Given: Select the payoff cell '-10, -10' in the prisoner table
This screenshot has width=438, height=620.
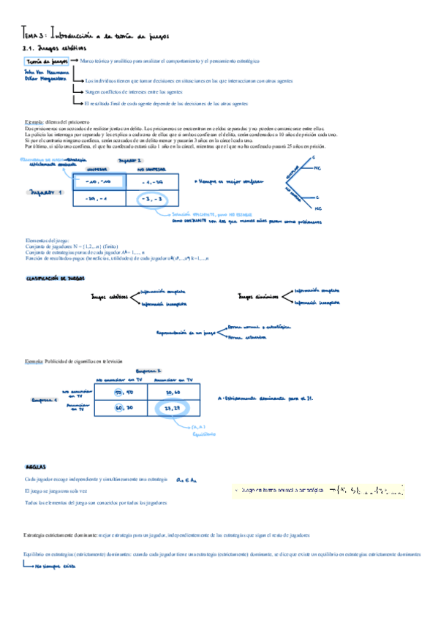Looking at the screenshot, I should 97,181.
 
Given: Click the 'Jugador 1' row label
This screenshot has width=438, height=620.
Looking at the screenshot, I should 45,193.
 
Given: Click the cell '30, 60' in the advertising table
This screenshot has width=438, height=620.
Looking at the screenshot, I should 173,393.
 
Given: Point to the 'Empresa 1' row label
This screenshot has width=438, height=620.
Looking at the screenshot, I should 44,400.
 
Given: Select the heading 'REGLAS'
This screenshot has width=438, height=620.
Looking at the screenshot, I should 36,464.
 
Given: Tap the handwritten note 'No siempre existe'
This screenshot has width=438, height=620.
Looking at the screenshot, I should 54,566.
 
